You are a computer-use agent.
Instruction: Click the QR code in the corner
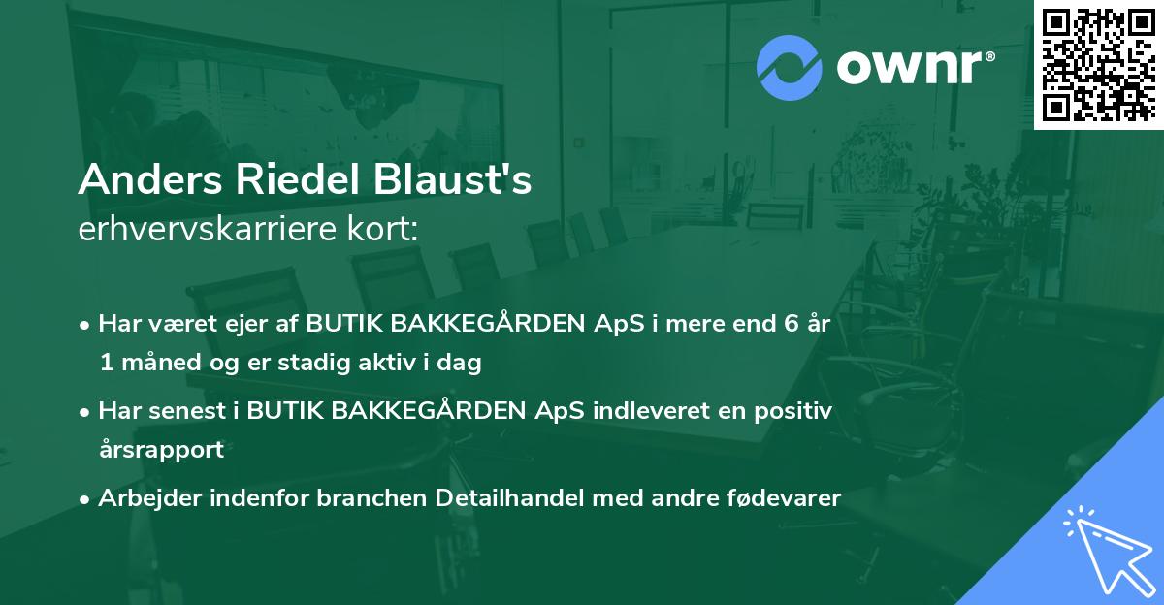tap(1098, 64)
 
